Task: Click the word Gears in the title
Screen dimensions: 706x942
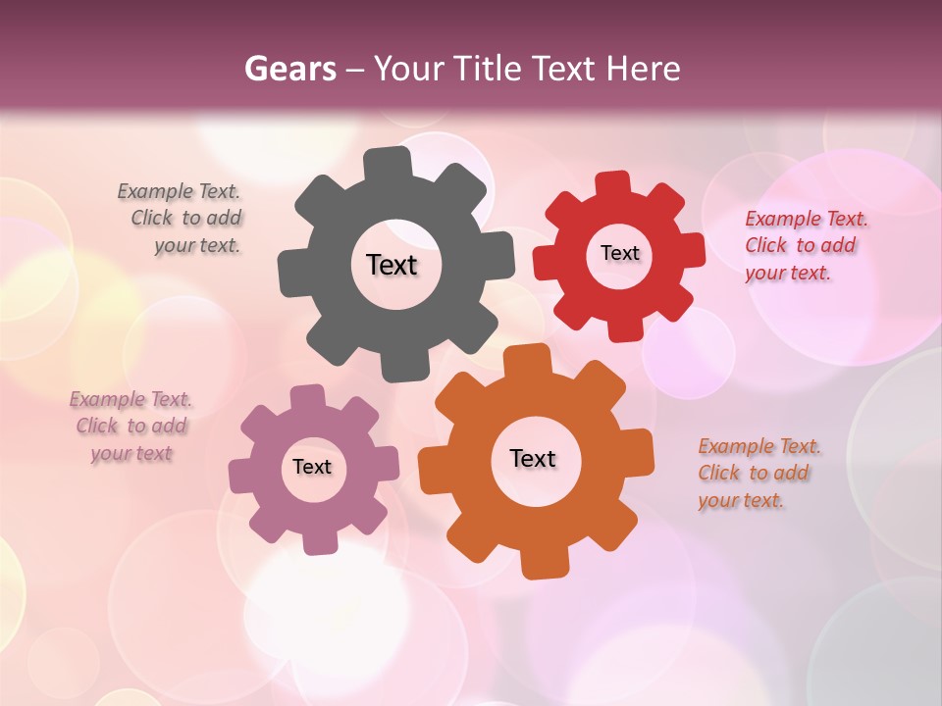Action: [290, 69]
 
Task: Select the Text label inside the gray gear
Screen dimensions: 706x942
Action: [392, 265]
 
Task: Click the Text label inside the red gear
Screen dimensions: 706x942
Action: [619, 253]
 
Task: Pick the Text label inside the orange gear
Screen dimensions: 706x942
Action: [533, 458]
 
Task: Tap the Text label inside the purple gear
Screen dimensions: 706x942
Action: [312, 467]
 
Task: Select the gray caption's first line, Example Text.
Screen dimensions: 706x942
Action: [179, 191]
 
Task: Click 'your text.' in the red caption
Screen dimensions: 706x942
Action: [787, 273]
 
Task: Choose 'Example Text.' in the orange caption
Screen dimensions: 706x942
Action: [759, 446]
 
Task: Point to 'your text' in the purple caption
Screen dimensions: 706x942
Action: [131, 453]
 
